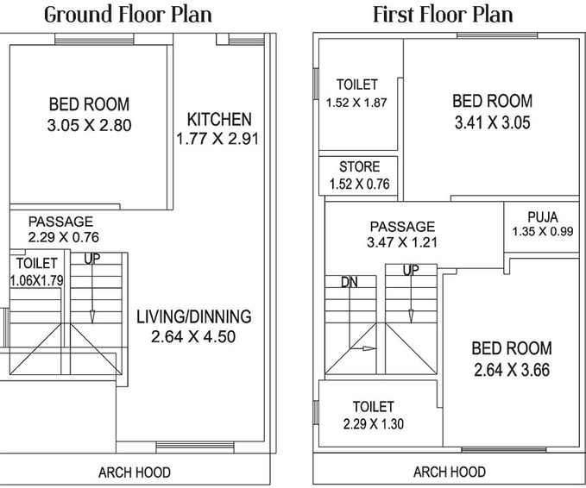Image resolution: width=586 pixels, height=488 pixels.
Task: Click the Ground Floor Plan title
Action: (x=129, y=16)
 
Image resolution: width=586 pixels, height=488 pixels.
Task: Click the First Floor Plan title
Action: (x=443, y=16)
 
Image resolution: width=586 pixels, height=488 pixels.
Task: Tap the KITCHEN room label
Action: (x=219, y=120)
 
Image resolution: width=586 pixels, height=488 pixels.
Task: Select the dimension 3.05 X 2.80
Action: (x=89, y=125)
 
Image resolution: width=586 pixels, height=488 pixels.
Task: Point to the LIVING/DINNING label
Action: (x=194, y=316)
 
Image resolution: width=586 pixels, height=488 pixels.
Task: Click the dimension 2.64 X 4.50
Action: (x=193, y=336)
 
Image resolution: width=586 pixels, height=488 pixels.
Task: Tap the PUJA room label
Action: (x=543, y=217)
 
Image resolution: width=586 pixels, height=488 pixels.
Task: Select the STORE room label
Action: (x=360, y=166)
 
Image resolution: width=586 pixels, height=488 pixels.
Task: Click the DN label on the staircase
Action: (x=350, y=282)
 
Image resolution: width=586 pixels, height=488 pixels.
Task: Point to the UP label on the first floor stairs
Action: (x=411, y=270)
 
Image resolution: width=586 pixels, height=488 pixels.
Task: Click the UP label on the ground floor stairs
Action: (x=92, y=259)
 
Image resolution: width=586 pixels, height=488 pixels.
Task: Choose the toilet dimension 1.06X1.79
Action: (x=36, y=280)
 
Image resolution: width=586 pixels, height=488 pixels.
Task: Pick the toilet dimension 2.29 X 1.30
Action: (x=374, y=424)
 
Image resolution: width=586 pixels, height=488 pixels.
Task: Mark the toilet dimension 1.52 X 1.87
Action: (x=356, y=103)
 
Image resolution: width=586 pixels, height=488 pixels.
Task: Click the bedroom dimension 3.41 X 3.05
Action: (x=493, y=122)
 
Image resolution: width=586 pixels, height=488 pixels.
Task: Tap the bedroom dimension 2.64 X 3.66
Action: (x=512, y=370)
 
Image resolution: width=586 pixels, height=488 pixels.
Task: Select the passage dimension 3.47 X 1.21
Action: (x=402, y=242)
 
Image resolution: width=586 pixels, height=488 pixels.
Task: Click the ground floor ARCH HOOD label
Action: (x=135, y=472)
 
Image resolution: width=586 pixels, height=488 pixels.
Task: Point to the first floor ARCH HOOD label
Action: (x=450, y=472)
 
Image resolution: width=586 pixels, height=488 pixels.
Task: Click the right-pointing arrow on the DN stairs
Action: (x=362, y=348)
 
